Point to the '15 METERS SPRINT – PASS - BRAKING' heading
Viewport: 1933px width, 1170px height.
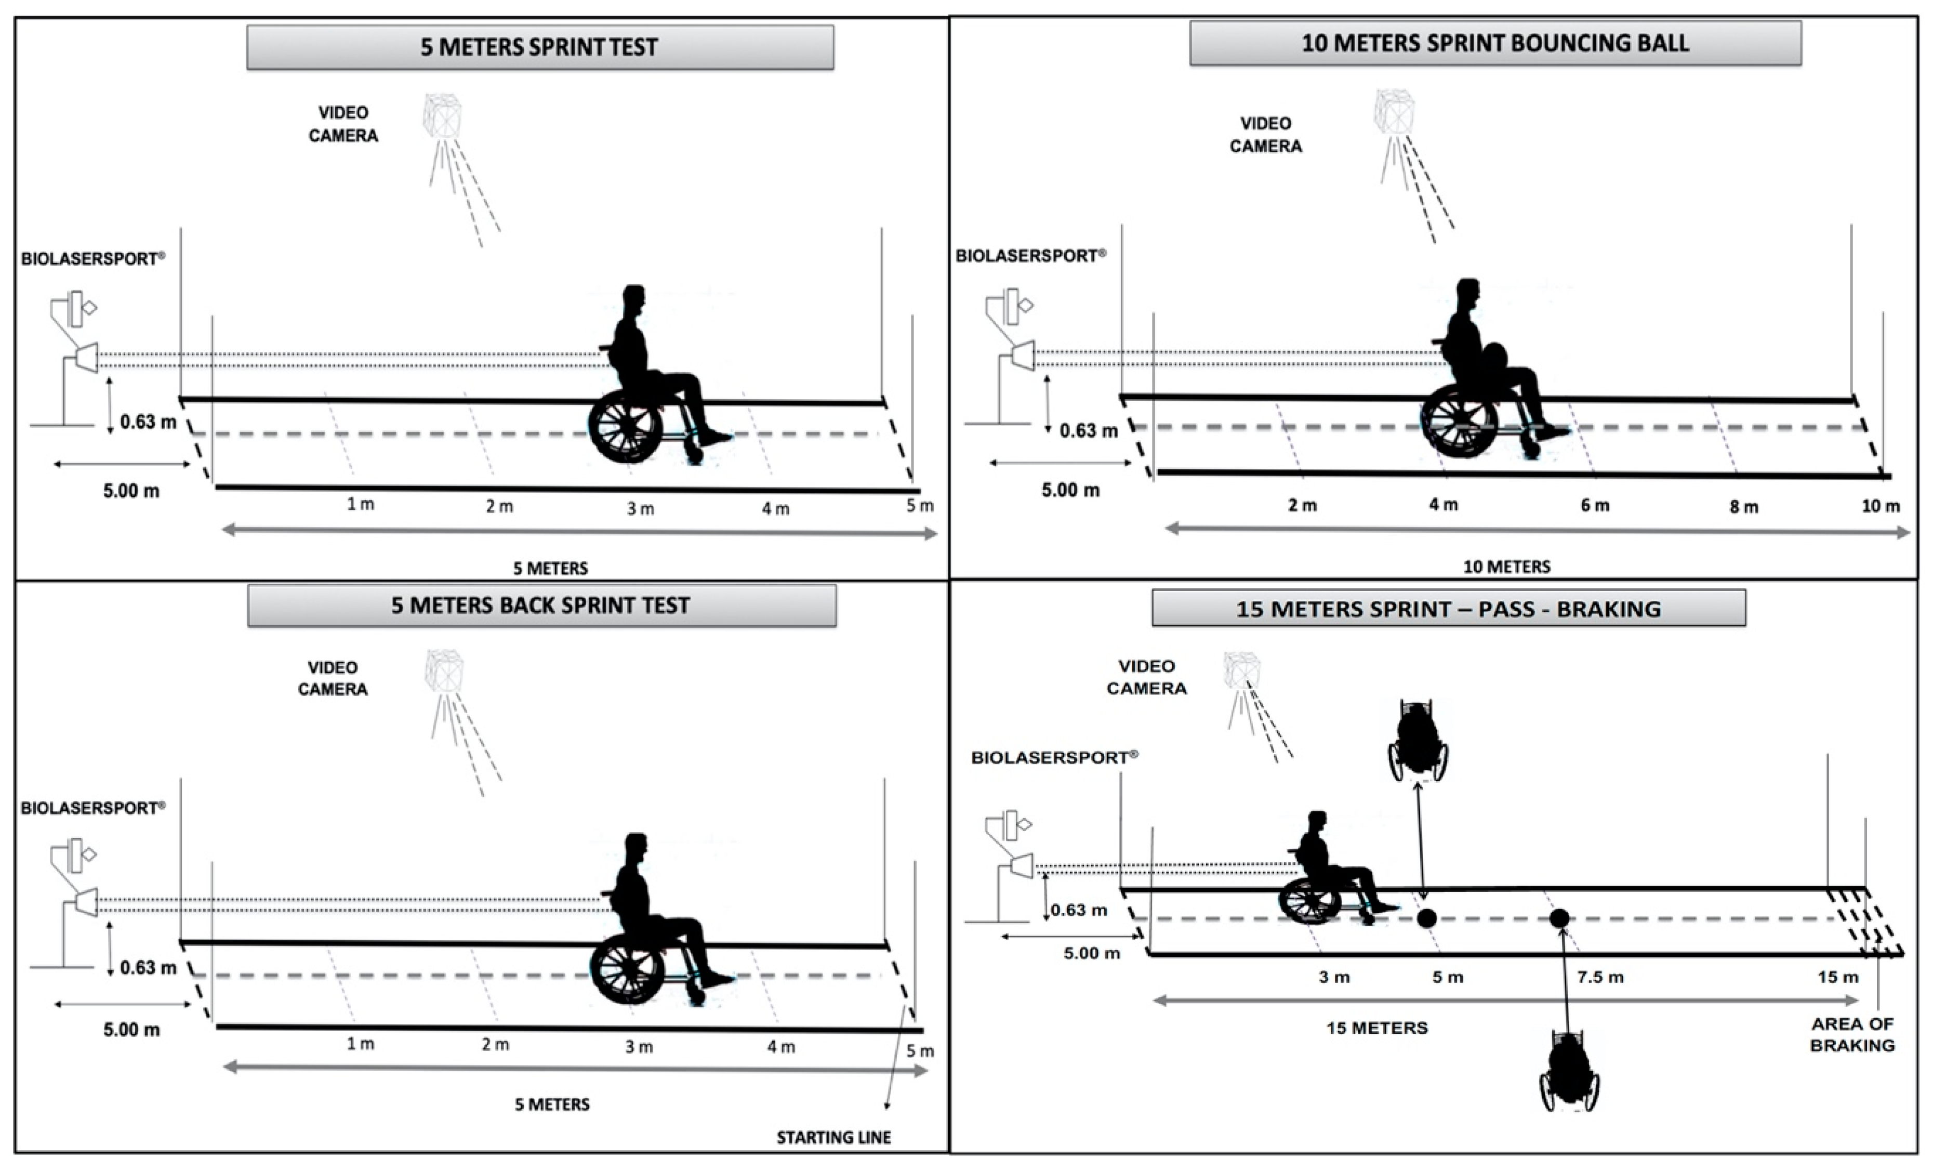1448,609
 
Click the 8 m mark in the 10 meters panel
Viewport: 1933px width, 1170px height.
1743,507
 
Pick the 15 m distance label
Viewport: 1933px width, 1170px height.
1837,977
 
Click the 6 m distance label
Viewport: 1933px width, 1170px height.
1594,505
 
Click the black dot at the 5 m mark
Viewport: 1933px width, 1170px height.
1426,917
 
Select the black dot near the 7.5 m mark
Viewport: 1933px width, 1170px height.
1559,917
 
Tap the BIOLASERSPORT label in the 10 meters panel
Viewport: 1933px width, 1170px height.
1030,256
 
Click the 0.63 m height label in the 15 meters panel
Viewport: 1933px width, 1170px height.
1079,910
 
